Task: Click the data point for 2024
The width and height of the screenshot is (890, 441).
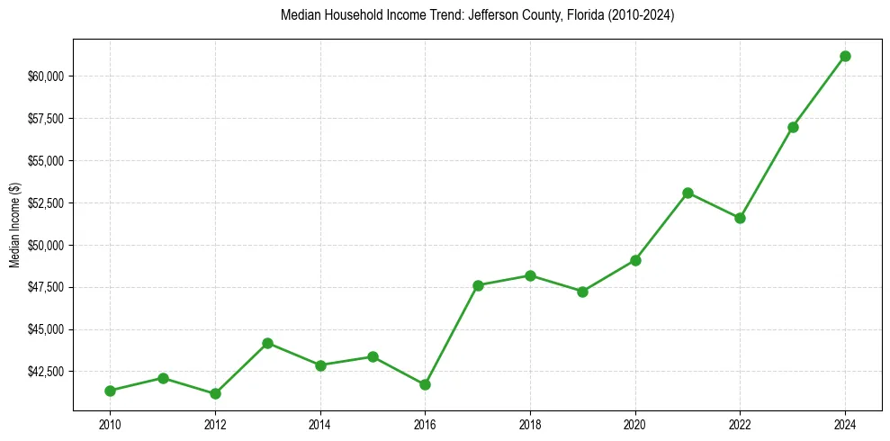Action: pyautogui.click(x=845, y=56)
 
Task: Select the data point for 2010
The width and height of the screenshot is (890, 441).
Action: pyautogui.click(x=110, y=391)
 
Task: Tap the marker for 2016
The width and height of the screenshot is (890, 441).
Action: pyautogui.click(x=425, y=384)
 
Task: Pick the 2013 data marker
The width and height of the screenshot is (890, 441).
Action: pyautogui.click(x=267, y=343)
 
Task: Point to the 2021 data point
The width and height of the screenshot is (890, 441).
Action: pyautogui.click(x=688, y=193)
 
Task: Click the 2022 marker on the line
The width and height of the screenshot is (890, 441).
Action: pyautogui.click(x=740, y=218)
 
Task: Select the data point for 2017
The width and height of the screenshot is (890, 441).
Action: pyautogui.click(x=478, y=285)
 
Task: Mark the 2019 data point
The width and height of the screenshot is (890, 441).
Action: pyautogui.click(x=582, y=292)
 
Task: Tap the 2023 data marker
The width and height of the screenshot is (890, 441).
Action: pyautogui.click(x=793, y=127)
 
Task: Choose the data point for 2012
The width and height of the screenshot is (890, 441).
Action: pyautogui.click(x=215, y=393)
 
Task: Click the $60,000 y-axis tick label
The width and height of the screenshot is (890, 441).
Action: pyautogui.click(x=46, y=76)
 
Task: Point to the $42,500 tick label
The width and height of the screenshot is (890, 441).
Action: pyautogui.click(x=46, y=372)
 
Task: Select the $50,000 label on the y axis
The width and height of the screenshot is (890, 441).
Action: pyautogui.click(x=46, y=245)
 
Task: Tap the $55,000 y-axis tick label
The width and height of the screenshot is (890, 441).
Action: pyautogui.click(x=46, y=161)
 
